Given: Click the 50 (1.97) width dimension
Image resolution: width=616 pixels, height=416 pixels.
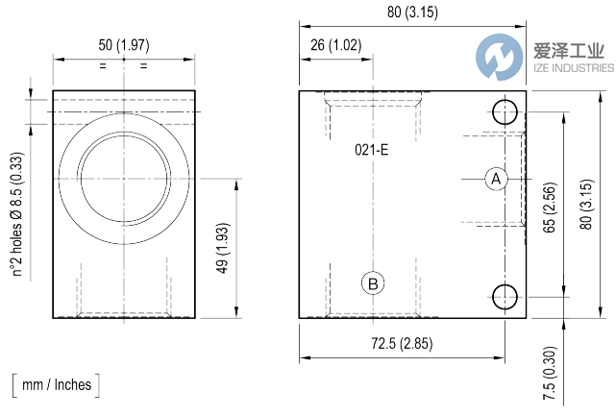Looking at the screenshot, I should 124,45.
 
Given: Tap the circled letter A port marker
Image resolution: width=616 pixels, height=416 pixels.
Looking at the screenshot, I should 496,179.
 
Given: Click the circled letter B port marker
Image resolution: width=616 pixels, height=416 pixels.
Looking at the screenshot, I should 373,283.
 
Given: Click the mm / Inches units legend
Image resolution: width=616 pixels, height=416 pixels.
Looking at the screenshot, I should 57,385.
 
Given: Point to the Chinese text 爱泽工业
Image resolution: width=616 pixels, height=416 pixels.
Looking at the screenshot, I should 569,51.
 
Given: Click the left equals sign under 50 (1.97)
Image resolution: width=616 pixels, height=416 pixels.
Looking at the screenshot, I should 102,65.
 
